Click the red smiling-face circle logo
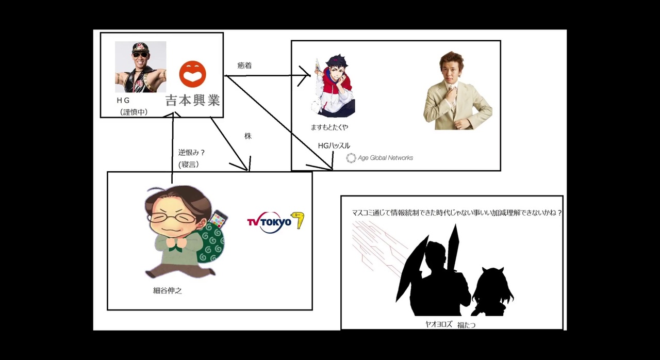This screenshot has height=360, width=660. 192,74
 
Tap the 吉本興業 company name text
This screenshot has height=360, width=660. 193,100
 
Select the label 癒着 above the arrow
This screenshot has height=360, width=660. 244,66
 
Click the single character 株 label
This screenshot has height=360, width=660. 248,137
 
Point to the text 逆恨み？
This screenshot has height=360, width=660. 192,153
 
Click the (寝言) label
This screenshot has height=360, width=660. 189,165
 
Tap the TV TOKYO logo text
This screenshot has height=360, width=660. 269,222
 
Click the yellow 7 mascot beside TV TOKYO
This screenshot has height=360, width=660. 298,220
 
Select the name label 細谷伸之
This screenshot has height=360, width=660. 168,291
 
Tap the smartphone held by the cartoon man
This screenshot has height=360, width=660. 218,219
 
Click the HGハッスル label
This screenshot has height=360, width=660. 334,146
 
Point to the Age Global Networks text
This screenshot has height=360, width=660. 385,158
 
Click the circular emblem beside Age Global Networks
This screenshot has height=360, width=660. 351,158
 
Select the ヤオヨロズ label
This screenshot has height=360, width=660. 438,324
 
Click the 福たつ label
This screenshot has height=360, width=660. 466,325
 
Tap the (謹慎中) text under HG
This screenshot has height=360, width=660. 134,112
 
